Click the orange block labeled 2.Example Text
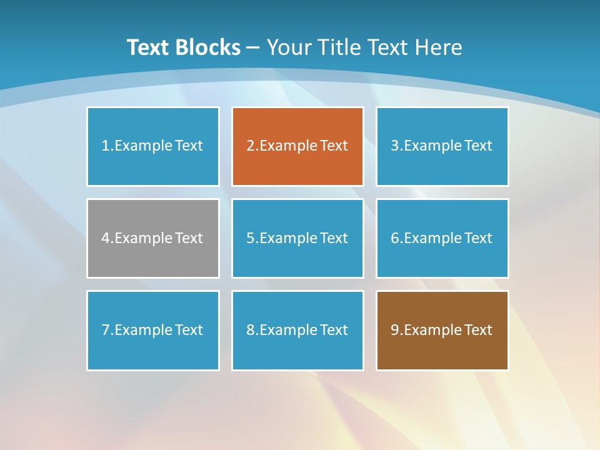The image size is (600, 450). [x=297, y=146]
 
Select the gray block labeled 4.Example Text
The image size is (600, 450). [x=153, y=238]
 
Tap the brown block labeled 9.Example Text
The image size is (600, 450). [x=442, y=330]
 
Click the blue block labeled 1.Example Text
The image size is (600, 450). [x=153, y=146]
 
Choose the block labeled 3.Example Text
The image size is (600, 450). [x=442, y=146]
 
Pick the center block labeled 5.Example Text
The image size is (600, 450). [x=297, y=238]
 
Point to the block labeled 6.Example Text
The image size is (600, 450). [x=442, y=238]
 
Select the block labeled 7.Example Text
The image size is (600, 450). [x=153, y=330]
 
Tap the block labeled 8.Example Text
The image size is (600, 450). [x=297, y=330]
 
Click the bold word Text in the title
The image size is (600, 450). [x=148, y=47]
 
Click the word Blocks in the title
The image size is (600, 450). [x=207, y=47]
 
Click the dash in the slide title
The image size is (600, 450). [x=253, y=48]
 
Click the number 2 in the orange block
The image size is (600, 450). [x=250, y=146]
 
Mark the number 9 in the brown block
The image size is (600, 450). [x=395, y=330]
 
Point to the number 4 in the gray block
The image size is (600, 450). [x=106, y=238]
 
